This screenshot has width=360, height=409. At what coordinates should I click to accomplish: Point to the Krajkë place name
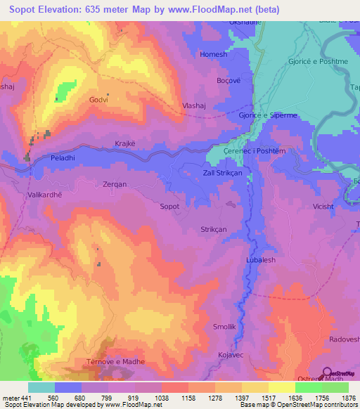[x=125, y=143]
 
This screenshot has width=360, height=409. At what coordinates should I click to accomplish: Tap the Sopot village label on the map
[x=170, y=207]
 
